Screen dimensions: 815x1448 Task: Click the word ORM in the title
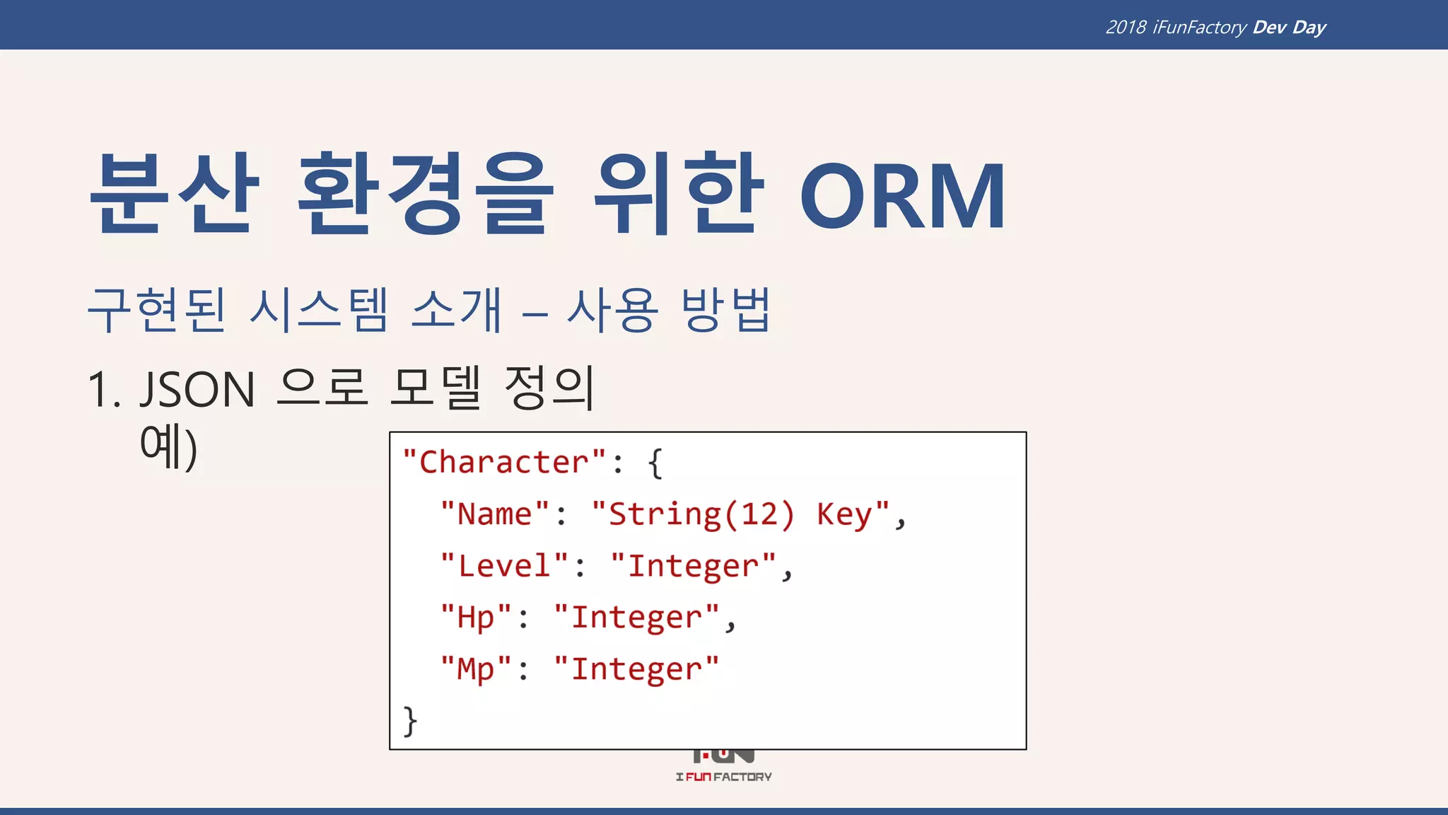click(902, 197)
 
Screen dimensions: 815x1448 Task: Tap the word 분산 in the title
click(174, 194)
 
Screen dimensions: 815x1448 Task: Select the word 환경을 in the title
click(424, 194)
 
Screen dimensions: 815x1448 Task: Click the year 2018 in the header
click(1126, 28)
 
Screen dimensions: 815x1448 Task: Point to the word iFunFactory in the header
click(1199, 28)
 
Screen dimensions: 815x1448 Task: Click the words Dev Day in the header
click(1289, 28)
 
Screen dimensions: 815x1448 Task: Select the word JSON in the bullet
click(197, 390)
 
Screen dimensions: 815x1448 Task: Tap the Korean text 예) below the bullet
click(168, 446)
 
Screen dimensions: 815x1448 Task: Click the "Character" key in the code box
click(504, 463)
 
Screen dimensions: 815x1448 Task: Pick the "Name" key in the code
click(495, 514)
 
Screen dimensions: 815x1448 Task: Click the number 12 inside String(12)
click(759, 514)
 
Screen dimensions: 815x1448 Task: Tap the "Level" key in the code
click(504, 566)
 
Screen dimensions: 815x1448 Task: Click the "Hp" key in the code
click(476, 618)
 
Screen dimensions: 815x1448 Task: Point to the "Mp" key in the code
click(476, 669)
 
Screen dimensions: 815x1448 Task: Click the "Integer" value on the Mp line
click(636, 669)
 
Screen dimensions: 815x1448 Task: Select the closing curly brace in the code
click(410, 721)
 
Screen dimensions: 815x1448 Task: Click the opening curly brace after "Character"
click(655, 463)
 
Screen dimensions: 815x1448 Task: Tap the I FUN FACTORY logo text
click(723, 777)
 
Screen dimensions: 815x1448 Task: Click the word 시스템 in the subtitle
click(319, 311)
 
